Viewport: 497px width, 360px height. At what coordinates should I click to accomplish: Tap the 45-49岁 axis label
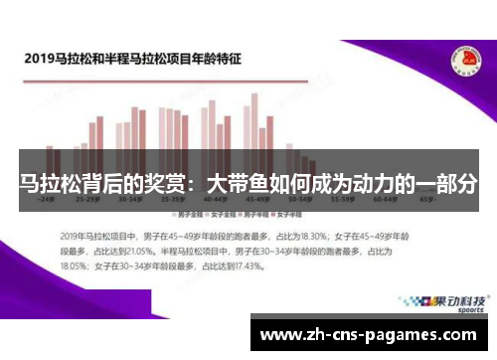click(x=247, y=200)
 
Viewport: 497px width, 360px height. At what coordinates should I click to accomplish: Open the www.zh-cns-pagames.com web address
click(x=368, y=334)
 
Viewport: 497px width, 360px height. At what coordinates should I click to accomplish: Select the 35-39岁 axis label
click(x=169, y=200)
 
